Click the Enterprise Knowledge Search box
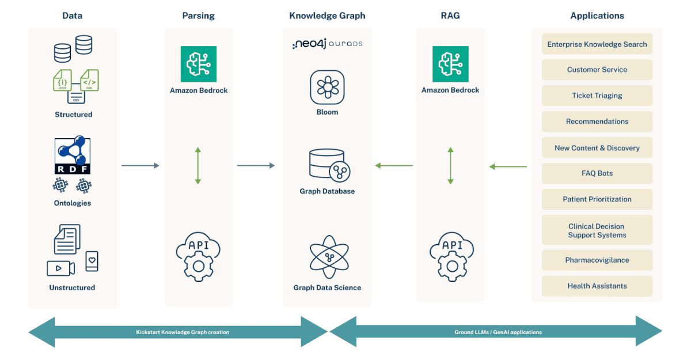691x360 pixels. pos(597,44)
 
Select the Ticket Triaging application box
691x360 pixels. pos(597,96)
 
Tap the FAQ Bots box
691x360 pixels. pos(597,173)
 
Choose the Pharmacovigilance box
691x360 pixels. pos(597,260)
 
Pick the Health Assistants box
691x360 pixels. pos(597,286)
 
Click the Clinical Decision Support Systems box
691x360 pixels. pos(597,230)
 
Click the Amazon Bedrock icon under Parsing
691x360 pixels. pos(198,64)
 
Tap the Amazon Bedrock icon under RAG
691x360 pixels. pos(450,64)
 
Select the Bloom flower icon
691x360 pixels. pos(327,87)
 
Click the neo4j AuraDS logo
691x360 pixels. pos(327,44)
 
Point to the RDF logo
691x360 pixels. pos(73,156)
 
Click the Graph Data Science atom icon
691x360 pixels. pos(327,257)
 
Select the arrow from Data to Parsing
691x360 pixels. pos(140,166)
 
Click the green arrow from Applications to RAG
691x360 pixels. pos(508,167)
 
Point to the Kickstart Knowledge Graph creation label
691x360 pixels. pos(182,332)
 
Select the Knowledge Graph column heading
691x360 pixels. pos(327,16)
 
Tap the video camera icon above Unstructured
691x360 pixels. pos(60,268)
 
